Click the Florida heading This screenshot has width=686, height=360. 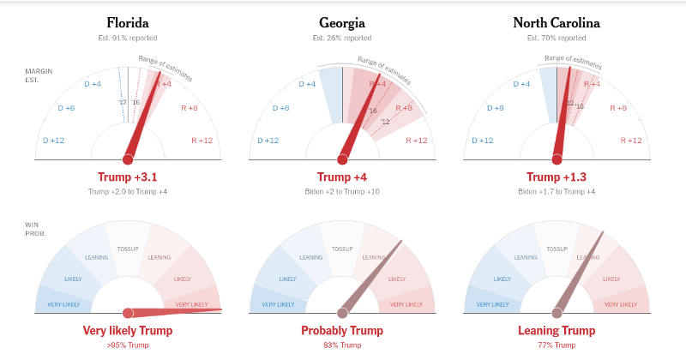tap(128, 23)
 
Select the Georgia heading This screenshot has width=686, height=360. tap(342, 23)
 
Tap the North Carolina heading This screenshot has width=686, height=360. tap(557, 23)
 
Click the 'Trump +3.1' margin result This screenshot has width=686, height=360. tap(128, 177)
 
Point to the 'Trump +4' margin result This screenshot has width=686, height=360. tap(342, 177)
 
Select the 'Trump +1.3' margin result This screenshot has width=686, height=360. tap(557, 177)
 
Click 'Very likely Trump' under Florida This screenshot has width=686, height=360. tap(128, 330)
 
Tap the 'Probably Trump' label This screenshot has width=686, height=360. tap(342, 330)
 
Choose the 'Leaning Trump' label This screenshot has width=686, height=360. tap(557, 330)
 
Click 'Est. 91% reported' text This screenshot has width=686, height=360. tap(128, 39)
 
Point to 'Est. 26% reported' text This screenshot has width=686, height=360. tap(342, 39)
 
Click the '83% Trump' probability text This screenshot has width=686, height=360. tap(342, 345)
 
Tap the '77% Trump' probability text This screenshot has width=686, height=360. tap(557, 345)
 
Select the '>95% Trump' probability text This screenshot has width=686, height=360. tap(128, 345)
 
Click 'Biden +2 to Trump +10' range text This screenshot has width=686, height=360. tap(342, 190)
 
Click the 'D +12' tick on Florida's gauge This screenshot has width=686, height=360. tap(53, 141)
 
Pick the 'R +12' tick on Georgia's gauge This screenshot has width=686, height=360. tap(416, 141)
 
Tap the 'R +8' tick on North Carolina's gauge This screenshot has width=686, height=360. tap(618, 108)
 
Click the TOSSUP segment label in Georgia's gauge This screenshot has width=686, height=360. tap(342, 248)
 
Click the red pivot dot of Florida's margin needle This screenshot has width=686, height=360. tap(128, 159)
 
